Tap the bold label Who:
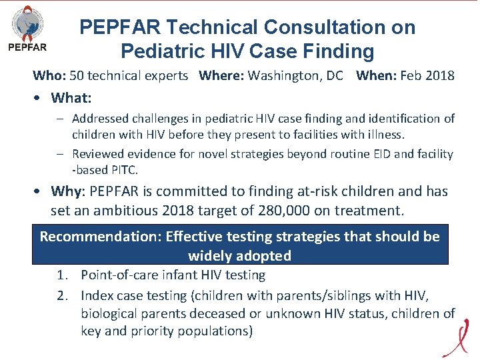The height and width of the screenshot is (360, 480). pos(47,75)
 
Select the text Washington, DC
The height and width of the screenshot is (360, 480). pos(295,75)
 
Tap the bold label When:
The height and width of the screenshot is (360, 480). pos(376,75)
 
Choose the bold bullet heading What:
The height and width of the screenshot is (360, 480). pos(71,98)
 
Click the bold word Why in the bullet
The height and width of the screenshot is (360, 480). pos(65,191)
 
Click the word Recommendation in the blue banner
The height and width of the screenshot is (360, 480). pos(101,237)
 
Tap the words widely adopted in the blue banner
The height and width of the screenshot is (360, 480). pos(239,255)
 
